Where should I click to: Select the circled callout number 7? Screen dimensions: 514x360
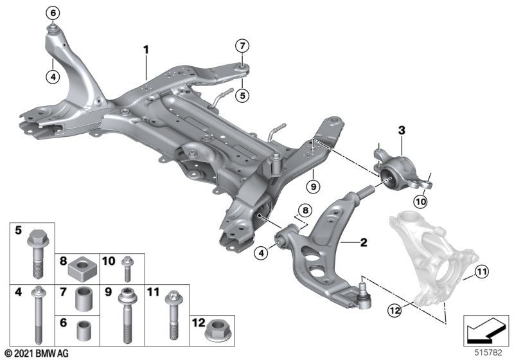tap(242, 46)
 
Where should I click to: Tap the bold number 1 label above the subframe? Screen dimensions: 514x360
tap(146, 49)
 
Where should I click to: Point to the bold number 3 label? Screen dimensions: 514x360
tap(402, 130)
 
